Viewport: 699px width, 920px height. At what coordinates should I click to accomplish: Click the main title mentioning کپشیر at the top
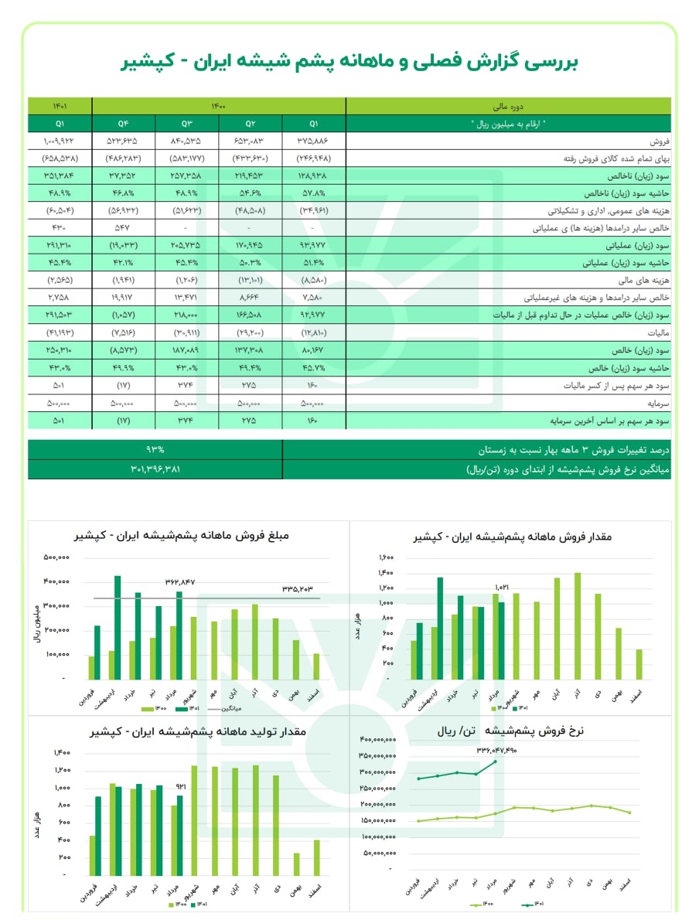pos(349,63)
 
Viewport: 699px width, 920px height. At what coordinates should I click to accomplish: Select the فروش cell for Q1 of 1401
pos(60,142)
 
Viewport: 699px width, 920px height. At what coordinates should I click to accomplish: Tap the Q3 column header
pos(186,123)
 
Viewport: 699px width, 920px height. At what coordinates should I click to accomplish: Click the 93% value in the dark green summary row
pos(155,449)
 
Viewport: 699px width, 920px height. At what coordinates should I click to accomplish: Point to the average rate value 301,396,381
pos(155,469)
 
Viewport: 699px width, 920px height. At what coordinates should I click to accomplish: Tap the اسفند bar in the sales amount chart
pos(315,666)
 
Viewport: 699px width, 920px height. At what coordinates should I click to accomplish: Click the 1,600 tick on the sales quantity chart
pos(387,557)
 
